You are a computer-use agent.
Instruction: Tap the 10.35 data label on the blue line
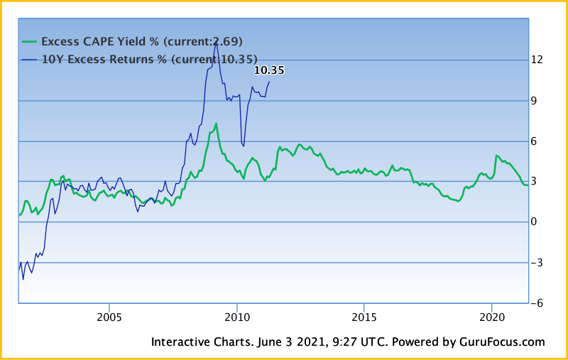click(269, 70)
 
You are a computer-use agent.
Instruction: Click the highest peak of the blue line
click(215, 44)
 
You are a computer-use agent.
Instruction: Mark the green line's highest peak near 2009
click(216, 124)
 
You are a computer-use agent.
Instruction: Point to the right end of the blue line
click(269, 82)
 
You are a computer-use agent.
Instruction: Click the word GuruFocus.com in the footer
click(501, 342)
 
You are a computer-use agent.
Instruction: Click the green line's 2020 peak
click(496, 156)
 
